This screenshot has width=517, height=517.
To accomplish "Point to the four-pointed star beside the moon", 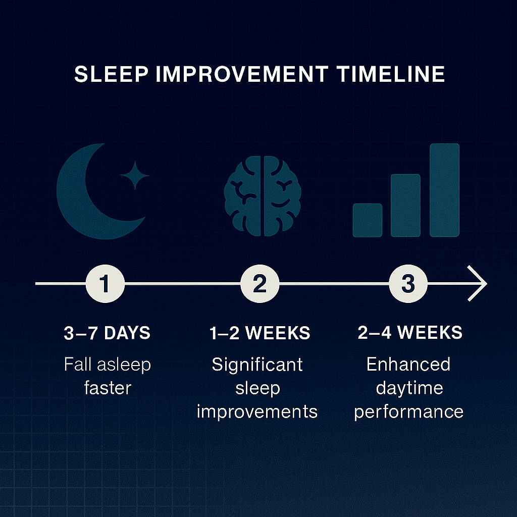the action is click(135, 175).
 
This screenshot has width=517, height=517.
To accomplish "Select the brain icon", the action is click(263, 196).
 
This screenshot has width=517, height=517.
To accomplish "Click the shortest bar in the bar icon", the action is click(368, 220).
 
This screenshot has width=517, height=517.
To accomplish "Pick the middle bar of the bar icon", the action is click(405, 205).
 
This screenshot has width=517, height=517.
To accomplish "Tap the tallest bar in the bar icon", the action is click(444, 190).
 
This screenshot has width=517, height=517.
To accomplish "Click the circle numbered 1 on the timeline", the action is click(105, 284).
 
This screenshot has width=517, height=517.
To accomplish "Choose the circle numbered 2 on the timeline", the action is click(260, 284).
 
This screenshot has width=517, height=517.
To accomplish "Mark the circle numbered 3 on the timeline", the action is click(408, 284).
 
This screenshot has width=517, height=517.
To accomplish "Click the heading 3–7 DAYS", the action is click(107, 333).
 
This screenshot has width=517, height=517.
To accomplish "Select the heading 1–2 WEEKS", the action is click(260, 333).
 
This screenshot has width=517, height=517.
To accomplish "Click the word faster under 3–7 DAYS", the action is click(108, 388).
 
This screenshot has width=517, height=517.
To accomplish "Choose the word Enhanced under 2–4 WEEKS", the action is click(408, 365).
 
